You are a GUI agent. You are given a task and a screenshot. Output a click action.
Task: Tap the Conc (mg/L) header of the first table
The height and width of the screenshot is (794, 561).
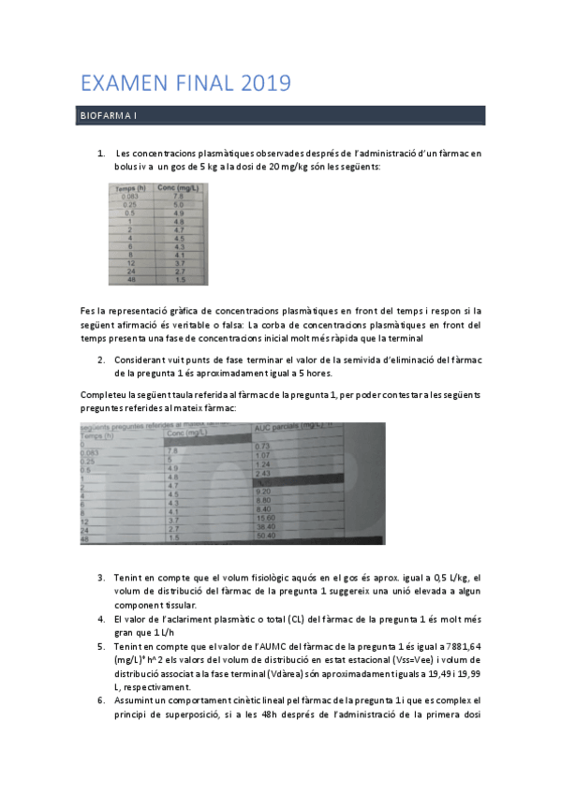[x=172, y=188]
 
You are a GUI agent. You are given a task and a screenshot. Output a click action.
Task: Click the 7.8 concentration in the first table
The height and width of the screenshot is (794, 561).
[x=166, y=197]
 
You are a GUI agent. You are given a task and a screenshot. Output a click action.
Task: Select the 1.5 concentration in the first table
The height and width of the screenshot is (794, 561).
[x=166, y=279]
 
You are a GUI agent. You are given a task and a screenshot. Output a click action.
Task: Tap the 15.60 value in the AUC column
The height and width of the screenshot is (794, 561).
[x=266, y=518]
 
